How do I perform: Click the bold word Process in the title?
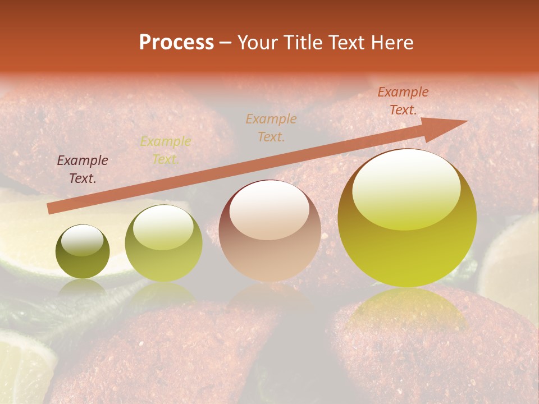click(176, 43)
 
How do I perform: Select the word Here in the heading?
click(391, 43)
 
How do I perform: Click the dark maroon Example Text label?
click(83, 169)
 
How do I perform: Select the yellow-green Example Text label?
click(165, 150)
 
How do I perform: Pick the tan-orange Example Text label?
click(271, 127)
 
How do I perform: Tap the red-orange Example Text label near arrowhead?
click(403, 101)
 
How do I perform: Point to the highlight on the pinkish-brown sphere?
click(269, 210)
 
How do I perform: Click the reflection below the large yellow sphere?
click(405, 314)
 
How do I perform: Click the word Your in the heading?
click(258, 43)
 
